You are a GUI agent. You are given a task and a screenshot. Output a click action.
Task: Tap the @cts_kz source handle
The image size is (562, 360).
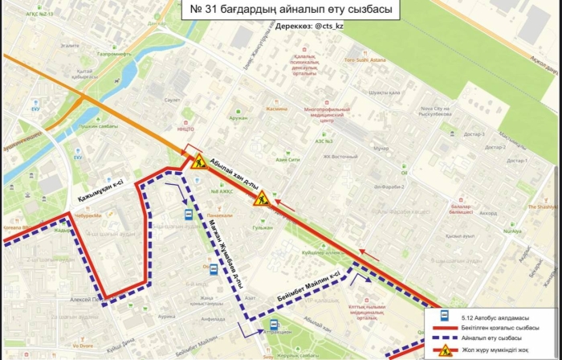[x=328, y=26]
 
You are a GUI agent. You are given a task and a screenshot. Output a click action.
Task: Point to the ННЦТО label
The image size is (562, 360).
[x=185, y=129]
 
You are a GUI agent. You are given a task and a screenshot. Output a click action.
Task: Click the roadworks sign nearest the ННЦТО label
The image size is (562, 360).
[x=198, y=162]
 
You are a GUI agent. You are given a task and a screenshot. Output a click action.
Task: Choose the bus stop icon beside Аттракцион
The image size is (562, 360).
[x=275, y=325]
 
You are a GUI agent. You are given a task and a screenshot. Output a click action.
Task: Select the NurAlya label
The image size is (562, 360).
[x=512, y=230]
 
